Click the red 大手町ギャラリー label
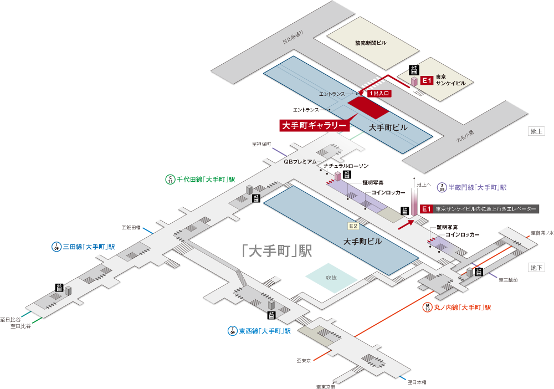pos(314,125)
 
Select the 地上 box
pos(537,131)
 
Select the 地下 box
pos(537,268)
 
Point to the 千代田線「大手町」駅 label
pos(206,179)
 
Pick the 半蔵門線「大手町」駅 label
pos(476,187)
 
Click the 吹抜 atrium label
pos(331,277)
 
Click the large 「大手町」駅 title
pos(277,251)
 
